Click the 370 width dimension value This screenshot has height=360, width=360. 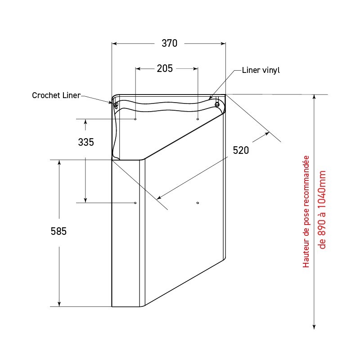pyautogui.click(x=170, y=43)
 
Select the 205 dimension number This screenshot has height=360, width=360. pyautogui.click(x=165, y=68)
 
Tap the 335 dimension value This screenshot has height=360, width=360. pyautogui.click(x=86, y=142)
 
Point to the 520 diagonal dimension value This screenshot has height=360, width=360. pyautogui.click(x=241, y=151)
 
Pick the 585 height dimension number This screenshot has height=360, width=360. pyautogui.click(x=58, y=231)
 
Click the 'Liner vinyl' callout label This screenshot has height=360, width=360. pyautogui.click(x=261, y=70)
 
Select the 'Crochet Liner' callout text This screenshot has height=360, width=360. pyautogui.click(x=56, y=95)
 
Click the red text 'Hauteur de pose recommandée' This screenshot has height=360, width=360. pyautogui.click(x=306, y=211)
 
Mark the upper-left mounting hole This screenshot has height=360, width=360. pyautogui.click(x=135, y=119)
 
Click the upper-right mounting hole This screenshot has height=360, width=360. pyautogui.click(x=198, y=119)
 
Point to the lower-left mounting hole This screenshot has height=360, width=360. pyautogui.click(x=135, y=203)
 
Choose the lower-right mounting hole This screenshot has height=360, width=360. pyautogui.click(x=198, y=203)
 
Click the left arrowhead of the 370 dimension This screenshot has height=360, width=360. pyautogui.click(x=114, y=44)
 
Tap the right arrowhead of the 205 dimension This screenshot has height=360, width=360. pyautogui.click(x=195, y=69)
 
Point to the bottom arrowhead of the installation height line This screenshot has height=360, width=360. pyautogui.click(x=314, y=326)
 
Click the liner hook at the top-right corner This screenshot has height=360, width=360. pyautogui.click(x=217, y=104)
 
